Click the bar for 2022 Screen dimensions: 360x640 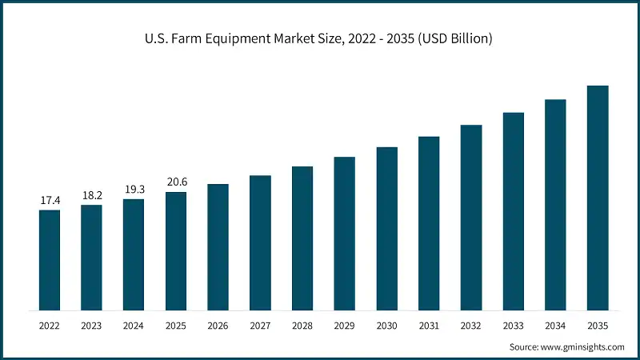coord(50,260)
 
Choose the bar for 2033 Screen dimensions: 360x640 coord(514,211)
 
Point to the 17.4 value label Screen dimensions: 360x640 coord(50,199)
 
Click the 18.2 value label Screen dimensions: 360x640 coord(91,194)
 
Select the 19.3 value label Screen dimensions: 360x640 coord(134,188)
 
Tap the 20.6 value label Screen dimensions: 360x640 coord(176,182)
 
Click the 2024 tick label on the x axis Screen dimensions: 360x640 coord(134,326)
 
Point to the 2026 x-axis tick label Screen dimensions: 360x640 coord(218,326)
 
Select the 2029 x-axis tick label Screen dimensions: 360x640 coord(345,326)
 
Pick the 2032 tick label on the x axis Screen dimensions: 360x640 coord(471,326)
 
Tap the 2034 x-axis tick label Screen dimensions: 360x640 coord(555,326)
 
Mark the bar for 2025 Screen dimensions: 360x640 coord(176,251)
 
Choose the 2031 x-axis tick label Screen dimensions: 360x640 coord(429,326)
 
